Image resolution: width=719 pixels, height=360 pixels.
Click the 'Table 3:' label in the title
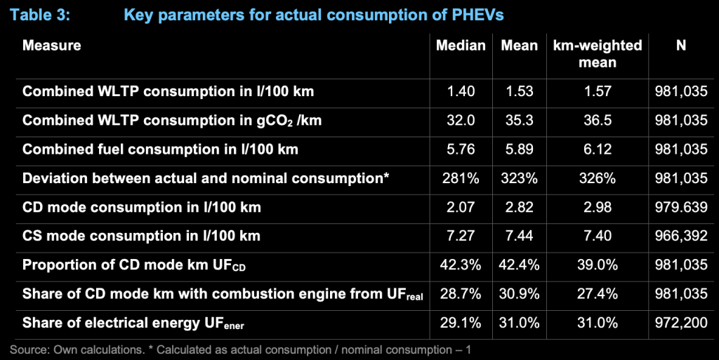[43, 14]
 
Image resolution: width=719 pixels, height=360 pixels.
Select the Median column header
[461, 46]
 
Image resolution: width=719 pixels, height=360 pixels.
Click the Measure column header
[52, 46]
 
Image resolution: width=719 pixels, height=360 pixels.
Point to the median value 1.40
[461, 91]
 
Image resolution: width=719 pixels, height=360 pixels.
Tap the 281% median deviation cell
[461, 178]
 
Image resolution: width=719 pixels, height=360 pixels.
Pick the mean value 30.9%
[520, 294]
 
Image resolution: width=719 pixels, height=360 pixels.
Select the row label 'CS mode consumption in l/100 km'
[141, 236]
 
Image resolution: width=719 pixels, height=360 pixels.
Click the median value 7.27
[461, 236]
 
